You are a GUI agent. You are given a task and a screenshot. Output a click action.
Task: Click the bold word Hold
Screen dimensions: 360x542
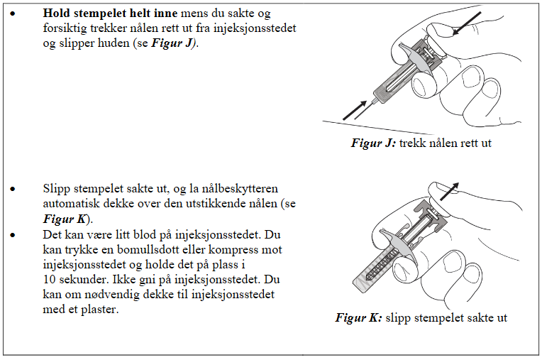tap(57, 13)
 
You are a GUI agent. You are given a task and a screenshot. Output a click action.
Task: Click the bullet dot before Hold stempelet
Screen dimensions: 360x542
tap(12, 14)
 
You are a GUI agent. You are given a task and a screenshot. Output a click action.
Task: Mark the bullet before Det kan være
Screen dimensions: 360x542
tap(12, 234)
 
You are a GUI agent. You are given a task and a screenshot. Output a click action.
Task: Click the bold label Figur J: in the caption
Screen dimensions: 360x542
tap(373, 143)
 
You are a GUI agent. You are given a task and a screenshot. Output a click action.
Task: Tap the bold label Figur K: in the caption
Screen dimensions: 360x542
tap(359, 318)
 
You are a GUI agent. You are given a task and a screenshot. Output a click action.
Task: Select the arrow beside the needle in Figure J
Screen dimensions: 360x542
tap(357, 110)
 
